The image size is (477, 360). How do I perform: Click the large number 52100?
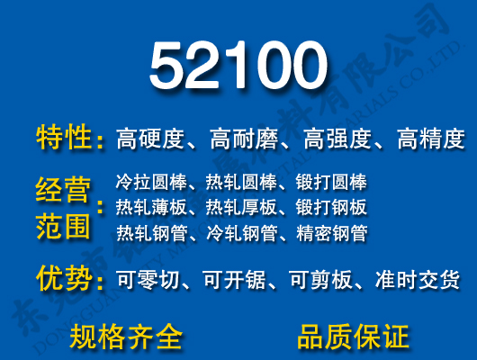click(238, 67)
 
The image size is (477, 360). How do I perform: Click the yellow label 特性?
click(64, 139)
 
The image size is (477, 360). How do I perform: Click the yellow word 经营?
click(64, 190)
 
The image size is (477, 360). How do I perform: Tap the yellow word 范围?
click(64, 225)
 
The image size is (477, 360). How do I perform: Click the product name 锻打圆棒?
click(331, 182)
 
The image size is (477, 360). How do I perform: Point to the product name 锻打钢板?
click(331, 208)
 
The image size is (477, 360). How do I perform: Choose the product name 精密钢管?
click(331, 234)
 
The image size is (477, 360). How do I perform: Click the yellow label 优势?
click(64, 279)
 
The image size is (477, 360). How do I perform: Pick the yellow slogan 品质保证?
click(353, 337)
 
